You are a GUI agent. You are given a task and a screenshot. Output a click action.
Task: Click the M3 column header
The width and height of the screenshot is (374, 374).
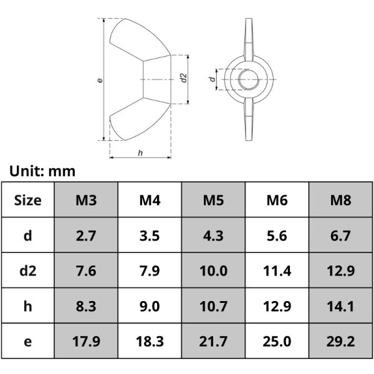pyautogui.click(x=86, y=200)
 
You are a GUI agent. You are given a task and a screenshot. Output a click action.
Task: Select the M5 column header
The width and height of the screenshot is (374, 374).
pyautogui.click(x=214, y=200)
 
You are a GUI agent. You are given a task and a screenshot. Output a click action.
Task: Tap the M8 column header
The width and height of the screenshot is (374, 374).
pyautogui.click(x=341, y=200)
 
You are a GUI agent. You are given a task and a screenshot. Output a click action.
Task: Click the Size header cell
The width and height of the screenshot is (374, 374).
pyautogui.click(x=27, y=200)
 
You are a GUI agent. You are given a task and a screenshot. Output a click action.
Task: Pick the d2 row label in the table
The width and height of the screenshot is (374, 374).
pyautogui.click(x=27, y=271)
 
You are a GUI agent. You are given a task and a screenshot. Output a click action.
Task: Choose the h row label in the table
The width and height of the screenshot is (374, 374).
pyautogui.click(x=27, y=306)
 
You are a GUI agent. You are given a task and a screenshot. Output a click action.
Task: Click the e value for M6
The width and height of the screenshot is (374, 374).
pyautogui.click(x=277, y=342)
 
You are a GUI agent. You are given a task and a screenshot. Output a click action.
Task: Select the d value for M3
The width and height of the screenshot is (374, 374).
pyautogui.click(x=86, y=236)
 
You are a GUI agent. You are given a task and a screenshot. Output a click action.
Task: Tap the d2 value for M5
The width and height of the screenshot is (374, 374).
pyautogui.click(x=214, y=271)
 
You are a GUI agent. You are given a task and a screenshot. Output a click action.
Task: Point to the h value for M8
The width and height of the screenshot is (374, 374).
pyautogui.click(x=341, y=306)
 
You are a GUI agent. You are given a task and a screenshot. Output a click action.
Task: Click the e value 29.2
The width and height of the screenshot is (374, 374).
pyautogui.click(x=341, y=342)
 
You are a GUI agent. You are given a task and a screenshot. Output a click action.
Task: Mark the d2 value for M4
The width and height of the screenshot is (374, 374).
pyautogui.click(x=150, y=271)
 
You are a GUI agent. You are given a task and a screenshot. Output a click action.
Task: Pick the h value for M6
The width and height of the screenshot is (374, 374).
pyautogui.click(x=277, y=306)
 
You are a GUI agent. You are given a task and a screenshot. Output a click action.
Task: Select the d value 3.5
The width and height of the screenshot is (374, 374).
pyautogui.click(x=150, y=236)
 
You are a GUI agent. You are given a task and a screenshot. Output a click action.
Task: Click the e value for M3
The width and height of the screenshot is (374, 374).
pyautogui.click(x=86, y=342)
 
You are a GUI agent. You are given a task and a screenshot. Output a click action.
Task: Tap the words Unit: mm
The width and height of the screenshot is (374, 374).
pyautogui.click(x=42, y=170)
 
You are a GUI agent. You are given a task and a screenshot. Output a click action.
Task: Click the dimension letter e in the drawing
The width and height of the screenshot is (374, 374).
pyautogui.click(x=100, y=80)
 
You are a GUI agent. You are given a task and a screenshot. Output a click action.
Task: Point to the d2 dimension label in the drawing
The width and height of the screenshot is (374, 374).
pyautogui.click(x=183, y=78)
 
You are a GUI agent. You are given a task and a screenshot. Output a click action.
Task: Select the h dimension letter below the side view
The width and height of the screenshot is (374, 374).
pyautogui.click(x=140, y=152)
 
